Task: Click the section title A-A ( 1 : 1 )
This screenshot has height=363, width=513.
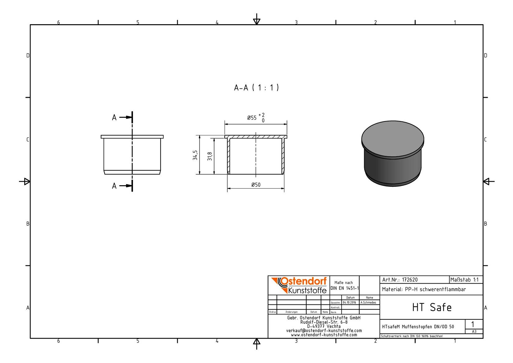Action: [x=256, y=87]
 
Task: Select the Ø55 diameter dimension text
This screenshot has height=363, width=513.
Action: [x=252, y=118]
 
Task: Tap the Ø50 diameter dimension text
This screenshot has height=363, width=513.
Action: [x=256, y=185]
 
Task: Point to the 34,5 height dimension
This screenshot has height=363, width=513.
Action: [x=195, y=155]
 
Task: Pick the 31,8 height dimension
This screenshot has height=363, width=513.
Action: [x=209, y=156]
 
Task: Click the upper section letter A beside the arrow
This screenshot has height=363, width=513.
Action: [x=114, y=117]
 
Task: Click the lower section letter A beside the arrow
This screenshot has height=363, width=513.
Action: [x=114, y=186]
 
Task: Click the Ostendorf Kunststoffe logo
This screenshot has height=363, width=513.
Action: [x=299, y=285]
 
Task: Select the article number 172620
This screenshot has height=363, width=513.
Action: [x=410, y=280]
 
